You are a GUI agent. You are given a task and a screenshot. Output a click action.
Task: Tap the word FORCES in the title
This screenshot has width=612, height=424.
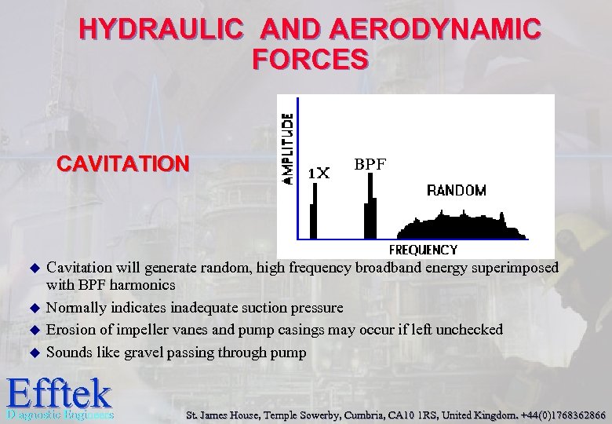click(310, 59)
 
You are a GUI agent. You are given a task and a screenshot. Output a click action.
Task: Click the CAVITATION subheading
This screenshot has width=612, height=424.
click(123, 164)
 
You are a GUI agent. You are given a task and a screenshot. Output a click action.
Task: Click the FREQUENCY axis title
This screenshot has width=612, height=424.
click(423, 250)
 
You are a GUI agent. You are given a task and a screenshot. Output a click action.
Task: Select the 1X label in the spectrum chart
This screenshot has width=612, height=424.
click(318, 172)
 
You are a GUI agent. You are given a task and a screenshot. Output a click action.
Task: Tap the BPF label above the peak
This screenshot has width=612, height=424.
click(370, 164)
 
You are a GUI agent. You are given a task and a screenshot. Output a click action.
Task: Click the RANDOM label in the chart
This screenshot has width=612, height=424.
click(456, 190)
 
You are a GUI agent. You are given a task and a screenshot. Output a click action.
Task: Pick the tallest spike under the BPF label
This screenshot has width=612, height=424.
click(371, 206)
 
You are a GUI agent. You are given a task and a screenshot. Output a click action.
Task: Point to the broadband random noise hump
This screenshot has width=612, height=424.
click(459, 226)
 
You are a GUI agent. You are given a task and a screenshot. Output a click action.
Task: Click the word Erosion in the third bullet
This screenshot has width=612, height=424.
click(68, 330)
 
